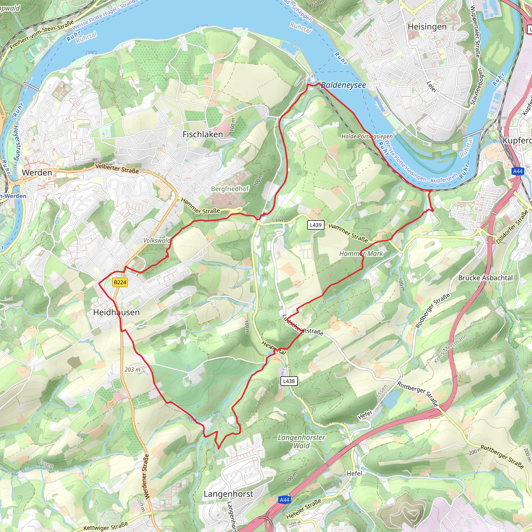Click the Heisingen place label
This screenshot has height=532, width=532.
pyautogui.click(x=427, y=27)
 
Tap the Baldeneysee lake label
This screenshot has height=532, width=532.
pyautogui.click(x=343, y=85)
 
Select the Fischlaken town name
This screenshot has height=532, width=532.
pyautogui.click(x=203, y=134)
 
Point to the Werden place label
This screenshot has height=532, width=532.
pyautogui.click(x=37, y=173)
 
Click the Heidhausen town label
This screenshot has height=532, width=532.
pyautogui.click(x=116, y=312)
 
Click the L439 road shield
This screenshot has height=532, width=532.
pyautogui.click(x=316, y=225)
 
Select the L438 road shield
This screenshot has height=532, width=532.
pyautogui.click(x=289, y=381)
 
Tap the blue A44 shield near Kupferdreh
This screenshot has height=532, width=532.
pyautogui.click(x=518, y=171)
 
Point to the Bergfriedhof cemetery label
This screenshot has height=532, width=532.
pyautogui.click(x=230, y=189)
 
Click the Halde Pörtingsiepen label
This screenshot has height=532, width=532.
pyautogui.click(x=367, y=136)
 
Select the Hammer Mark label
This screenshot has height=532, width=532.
pyautogui.click(x=361, y=254)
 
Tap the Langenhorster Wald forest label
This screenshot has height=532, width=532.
pyautogui.click(x=301, y=441)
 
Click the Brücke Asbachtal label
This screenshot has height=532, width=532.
pyautogui.click(x=485, y=278)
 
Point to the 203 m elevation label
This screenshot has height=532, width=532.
pyautogui.click(x=132, y=370)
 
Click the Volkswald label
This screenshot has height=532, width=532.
pyautogui.click(x=157, y=240)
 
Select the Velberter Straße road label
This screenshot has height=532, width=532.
pyautogui.click(x=117, y=168)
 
